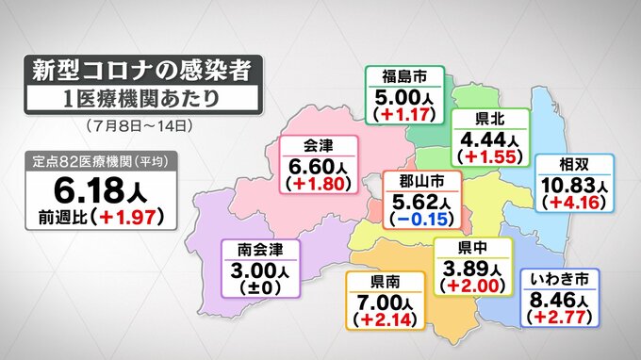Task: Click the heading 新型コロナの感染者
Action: coord(140,71)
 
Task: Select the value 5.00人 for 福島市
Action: coord(403,96)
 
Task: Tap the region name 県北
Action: coord(486,119)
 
